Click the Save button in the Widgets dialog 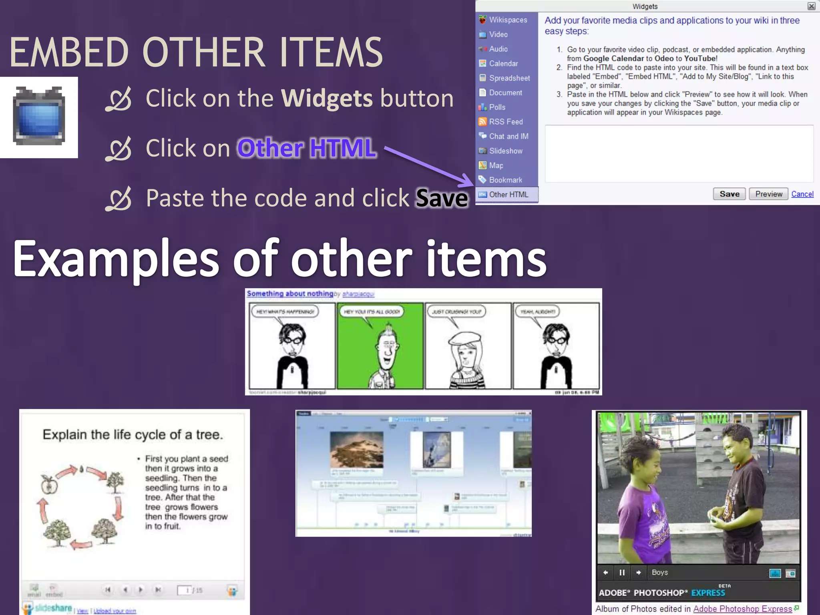pyautogui.click(x=729, y=194)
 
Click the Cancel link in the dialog pyautogui.click(x=802, y=194)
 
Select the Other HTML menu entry pyautogui.click(x=508, y=195)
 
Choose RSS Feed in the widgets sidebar pyautogui.click(x=505, y=122)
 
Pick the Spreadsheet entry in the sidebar pyautogui.click(x=509, y=78)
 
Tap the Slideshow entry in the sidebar pyautogui.click(x=505, y=151)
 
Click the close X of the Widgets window pyautogui.click(x=811, y=6)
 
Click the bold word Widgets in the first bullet pyautogui.click(x=327, y=98)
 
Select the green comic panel pyautogui.click(x=380, y=346)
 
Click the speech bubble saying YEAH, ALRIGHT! pyautogui.click(x=538, y=312)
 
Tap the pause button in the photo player pyautogui.click(x=622, y=573)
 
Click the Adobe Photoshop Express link pyautogui.click(x=742, y=609)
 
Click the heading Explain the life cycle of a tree pyautogui.click(x=133, y=435)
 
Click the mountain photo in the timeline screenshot pyautogui.click(x=356, y=450)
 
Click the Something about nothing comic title pyautogui.click(x=289, y=293)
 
